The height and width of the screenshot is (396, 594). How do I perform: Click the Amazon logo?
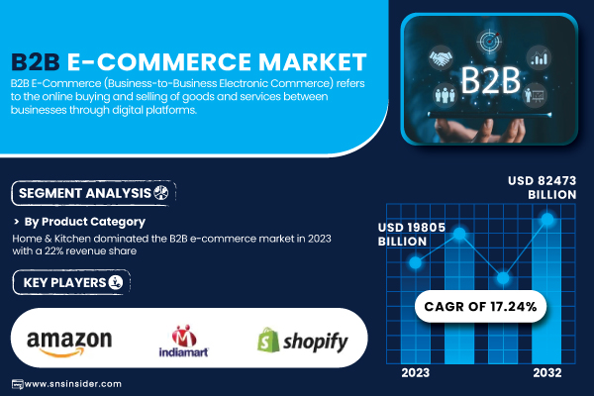coord(69,344)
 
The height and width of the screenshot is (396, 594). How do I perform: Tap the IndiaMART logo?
coord(184,341)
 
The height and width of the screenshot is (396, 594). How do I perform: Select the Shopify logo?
coord(302,341)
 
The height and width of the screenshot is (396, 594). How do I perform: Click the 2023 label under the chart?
coord(416,373)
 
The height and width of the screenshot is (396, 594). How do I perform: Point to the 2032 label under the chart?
coord(547,373)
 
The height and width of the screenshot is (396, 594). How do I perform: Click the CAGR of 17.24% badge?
coord(480,306)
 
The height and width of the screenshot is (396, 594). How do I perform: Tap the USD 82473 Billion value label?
coord(543,187)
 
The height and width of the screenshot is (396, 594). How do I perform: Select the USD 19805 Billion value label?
coord(412,235)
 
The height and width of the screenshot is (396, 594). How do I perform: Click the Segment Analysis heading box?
coord(94,193)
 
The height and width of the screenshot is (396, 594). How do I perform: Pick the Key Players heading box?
coord(71,282)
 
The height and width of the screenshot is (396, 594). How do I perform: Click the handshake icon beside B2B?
coord(441,58)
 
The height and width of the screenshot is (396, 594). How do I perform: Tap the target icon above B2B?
coord(489,41)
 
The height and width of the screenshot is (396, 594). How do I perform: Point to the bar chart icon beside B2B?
coord(539,58)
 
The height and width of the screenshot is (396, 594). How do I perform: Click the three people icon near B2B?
coord(445,95)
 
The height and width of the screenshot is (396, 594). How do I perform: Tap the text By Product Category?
coord(84,222)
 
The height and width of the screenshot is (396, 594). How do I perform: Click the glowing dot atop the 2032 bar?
coord(547,219)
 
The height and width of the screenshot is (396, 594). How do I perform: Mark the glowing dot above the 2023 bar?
coord(416,262)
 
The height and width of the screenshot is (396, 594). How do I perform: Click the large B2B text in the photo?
coord(490,80)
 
